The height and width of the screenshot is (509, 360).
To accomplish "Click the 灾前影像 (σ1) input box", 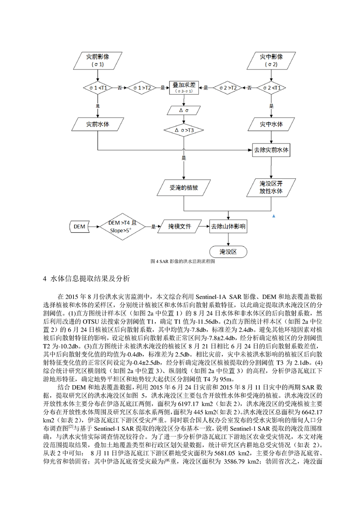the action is pyautogui.click(x=98, y=60).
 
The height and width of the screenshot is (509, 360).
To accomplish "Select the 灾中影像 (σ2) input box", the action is pyautogui.click(x=271, y=60).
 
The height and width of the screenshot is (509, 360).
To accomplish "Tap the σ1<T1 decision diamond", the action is pyautogui.click(x=98, y=88).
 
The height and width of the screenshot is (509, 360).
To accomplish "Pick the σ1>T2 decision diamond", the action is pyautogui.click(x=142, y=88).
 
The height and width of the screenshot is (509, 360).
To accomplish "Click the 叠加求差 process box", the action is pyautogui.click(x=184, y=88).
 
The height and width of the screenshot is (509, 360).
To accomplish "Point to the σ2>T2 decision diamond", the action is pyautogui.click(x=228, y=88).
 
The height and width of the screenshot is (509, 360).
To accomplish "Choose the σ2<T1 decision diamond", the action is pyautogui.click(x=271, y=88).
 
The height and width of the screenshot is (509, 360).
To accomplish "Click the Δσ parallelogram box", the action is pyautogui.click(x=184, y=110).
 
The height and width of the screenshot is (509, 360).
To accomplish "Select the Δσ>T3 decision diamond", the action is pyautogui.click(x=184, y=130).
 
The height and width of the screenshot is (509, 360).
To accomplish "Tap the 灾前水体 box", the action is pyautogui.click(x=98, y=124).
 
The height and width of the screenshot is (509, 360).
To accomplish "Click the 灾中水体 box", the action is pyautogui.click(x=271, y=124).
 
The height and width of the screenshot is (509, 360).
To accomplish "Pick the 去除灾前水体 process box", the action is pyautogui.click(x=271, y=150).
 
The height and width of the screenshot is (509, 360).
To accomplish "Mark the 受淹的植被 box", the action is pyautogui.click(x=184, y=187).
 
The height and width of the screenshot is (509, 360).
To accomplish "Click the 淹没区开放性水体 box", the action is pyautogui.click(x=271, y=187).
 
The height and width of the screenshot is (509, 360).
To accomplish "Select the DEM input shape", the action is pyautogui.click(x=79, y=226).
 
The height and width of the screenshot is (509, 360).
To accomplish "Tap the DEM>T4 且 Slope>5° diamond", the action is pyautogui.click(x=123, y=226).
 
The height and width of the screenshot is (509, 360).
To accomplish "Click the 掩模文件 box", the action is pyautogui.click(x=179, y=226).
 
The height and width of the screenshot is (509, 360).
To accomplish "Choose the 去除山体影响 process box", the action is pyautogui.click(x=228, y=226).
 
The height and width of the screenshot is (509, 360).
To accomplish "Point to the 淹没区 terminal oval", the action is pyautogui.click(x=228, y=252).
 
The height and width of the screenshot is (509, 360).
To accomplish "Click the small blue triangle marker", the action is pyautogui.click(x=274, y=216).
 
